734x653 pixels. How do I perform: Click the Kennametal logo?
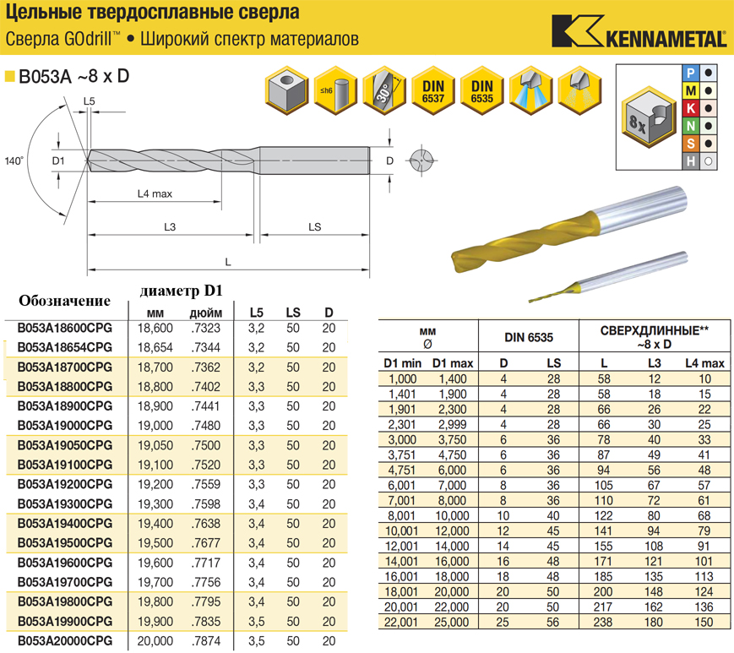639,31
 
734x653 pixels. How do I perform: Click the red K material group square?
691,108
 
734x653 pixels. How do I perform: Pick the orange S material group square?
691,144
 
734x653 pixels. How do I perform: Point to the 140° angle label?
14,161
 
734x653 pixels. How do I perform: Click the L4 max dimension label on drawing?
155,193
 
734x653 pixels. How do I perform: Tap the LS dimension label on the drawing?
314,227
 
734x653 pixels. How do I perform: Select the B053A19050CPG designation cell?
65,445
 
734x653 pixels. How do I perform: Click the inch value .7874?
205,641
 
